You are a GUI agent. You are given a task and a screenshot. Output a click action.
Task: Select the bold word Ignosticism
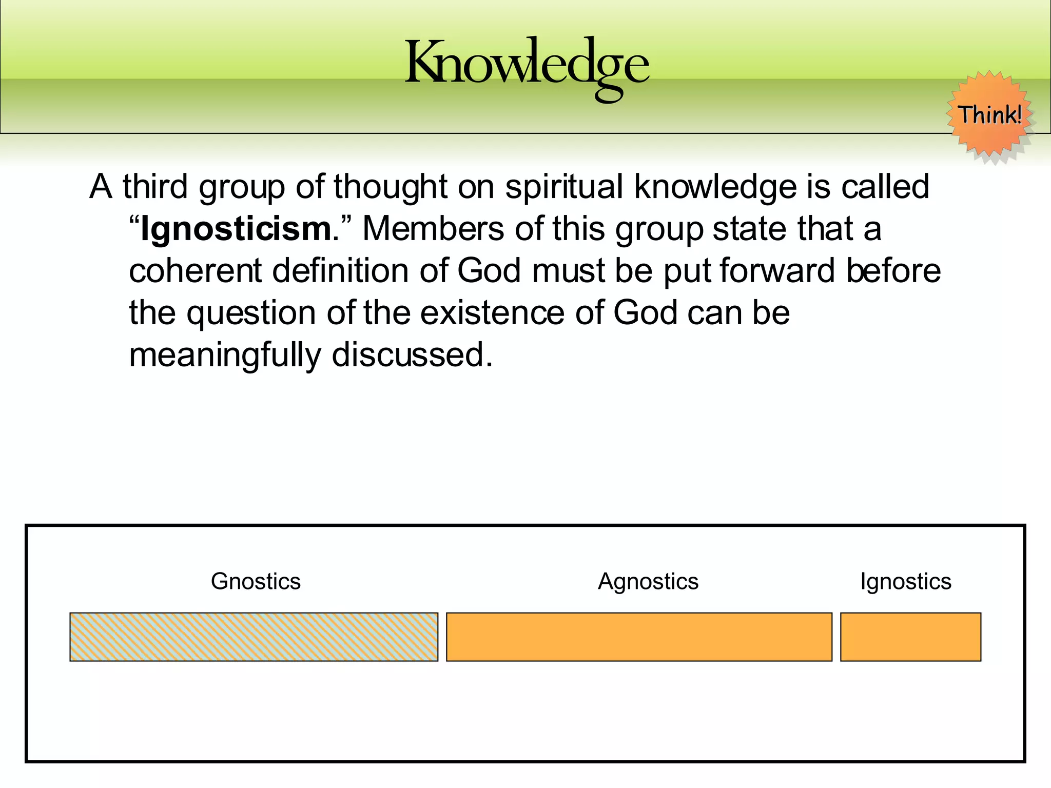(x=236, y=229)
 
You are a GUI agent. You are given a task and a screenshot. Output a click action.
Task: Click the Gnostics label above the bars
(x=256, y=582)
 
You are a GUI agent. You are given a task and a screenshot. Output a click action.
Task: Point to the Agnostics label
(x=648, y=582)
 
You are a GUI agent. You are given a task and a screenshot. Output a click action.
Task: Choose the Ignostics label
(x=906, y=582)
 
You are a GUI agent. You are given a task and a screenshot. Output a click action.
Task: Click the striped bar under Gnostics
(x=254, y=637)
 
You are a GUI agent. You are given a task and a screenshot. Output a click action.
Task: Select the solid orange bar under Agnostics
(x=639, y=637)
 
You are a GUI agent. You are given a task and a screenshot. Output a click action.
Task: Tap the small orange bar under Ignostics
(x=910, y=637)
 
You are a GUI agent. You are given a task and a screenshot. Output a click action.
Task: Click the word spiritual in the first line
(x=564, y=187)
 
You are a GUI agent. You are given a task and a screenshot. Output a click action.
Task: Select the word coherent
(x=195, y=271)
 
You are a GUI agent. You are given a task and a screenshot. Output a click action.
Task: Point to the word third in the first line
(x=155, y=187)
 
